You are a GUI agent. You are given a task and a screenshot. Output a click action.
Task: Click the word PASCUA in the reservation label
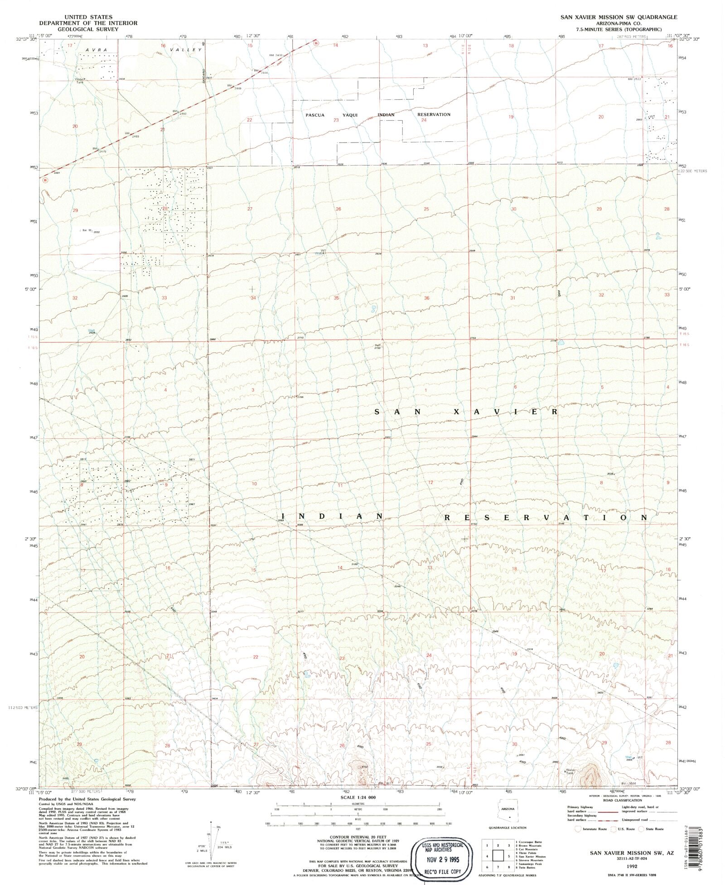click(x=315, y=115)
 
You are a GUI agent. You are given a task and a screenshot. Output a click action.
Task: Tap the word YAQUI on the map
click(x=350, y=115)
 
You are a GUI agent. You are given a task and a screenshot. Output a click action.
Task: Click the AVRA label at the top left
click(x=95, y=49)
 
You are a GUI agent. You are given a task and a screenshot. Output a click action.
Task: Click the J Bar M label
click(x=85, y=231)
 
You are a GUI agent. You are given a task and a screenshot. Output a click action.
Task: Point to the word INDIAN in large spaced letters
click(x=333, y=517)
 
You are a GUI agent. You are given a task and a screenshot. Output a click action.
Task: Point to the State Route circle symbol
click(x=642, y=829)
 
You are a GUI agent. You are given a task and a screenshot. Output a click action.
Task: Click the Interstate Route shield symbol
click(x=578, y=829)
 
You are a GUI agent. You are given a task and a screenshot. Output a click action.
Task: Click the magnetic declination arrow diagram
click(x=213, y=836)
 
